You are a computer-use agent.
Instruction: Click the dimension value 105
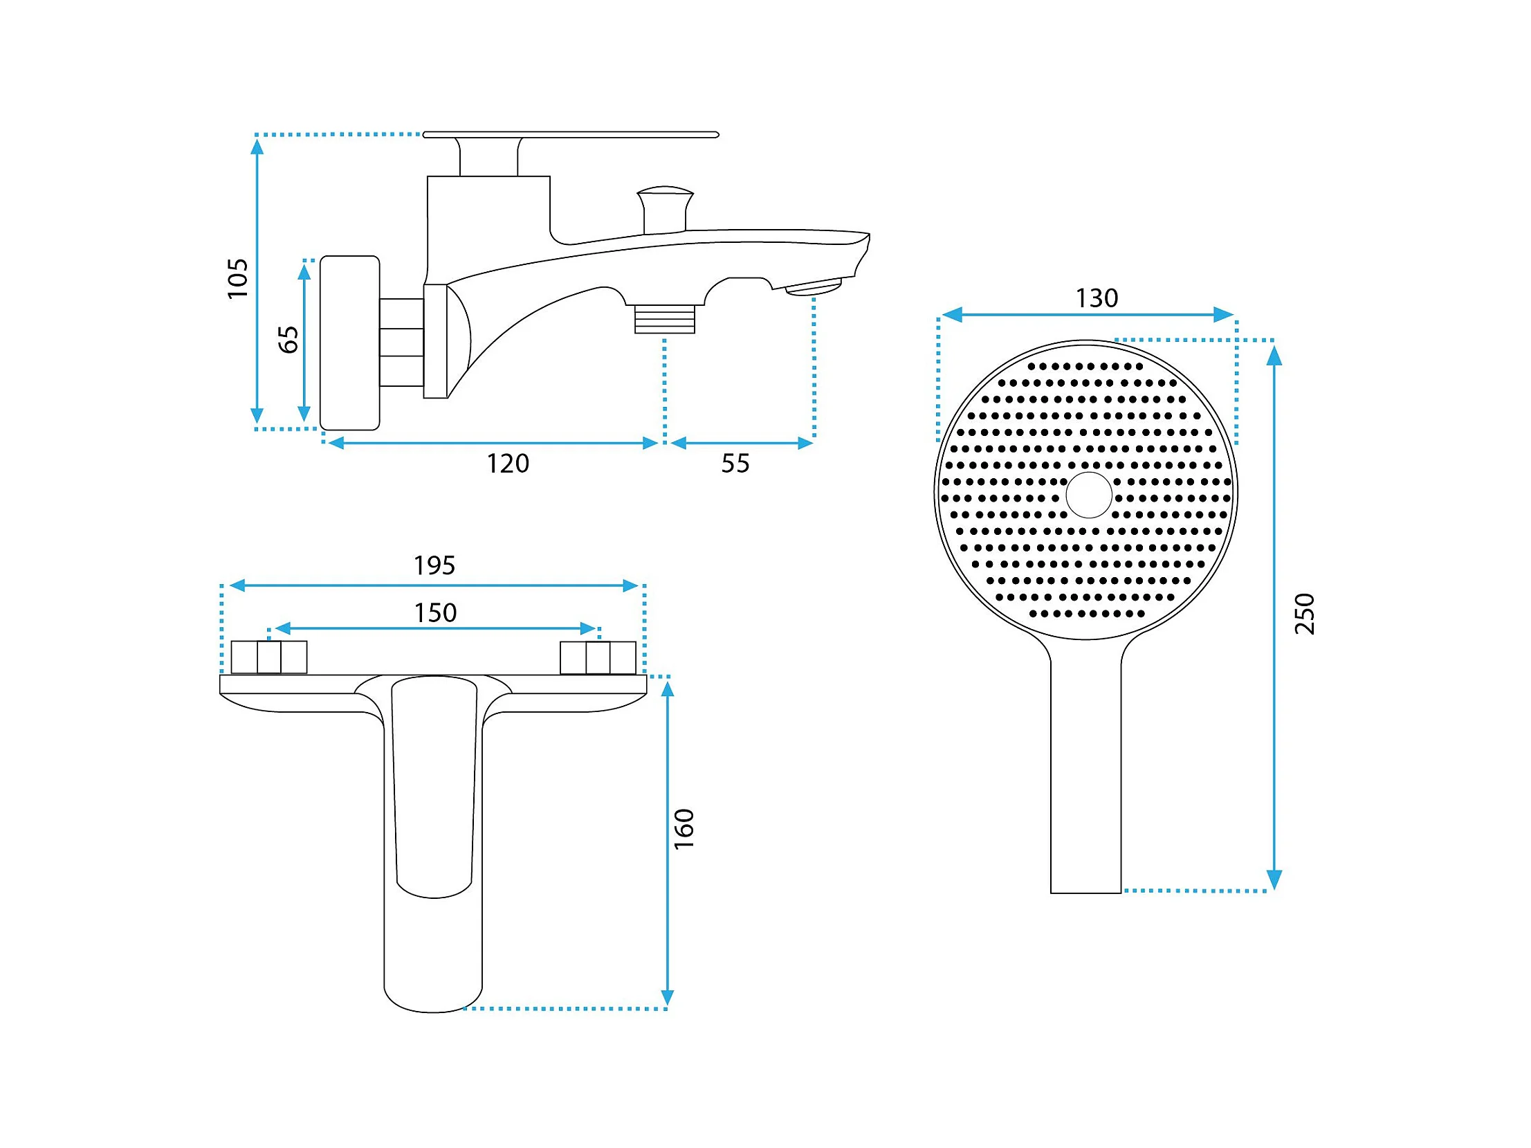(x=237, y=278)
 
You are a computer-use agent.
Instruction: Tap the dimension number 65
(x=288, y=339)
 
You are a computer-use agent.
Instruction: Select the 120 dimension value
(x=507, y=463)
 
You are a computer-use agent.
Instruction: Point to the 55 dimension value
(x=735, y=463)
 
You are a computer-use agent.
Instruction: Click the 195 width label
(x=434, y=565)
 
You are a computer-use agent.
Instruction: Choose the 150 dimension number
(x=435, y=613)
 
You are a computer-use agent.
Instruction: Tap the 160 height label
(x=684, y=829)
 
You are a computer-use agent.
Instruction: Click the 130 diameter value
(x=1097, y=298)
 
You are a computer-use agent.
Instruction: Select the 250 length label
(x=1305, y=614)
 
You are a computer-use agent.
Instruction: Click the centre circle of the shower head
(x=1089, y=495)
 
